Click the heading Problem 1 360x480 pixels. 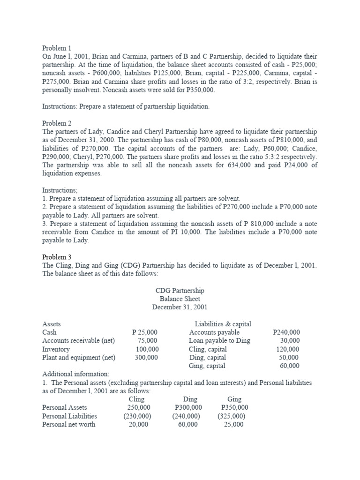57,48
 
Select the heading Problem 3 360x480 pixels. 57,257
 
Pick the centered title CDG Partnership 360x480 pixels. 180,291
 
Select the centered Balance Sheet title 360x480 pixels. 180,299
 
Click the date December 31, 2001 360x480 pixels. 180,307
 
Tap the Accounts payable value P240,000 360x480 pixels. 286,332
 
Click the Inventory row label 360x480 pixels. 56,349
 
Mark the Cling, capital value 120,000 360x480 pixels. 288,349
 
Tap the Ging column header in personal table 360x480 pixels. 234,399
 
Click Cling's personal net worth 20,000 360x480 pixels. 138,424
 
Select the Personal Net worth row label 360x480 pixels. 68,424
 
